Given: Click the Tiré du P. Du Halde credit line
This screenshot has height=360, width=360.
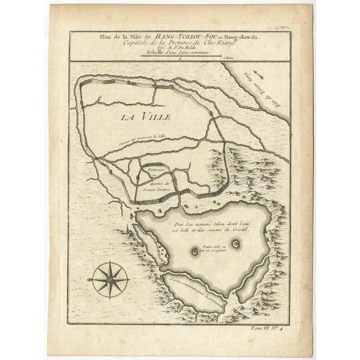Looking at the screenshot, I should [180, 49].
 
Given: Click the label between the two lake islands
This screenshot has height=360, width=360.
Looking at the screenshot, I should [214, 248].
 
